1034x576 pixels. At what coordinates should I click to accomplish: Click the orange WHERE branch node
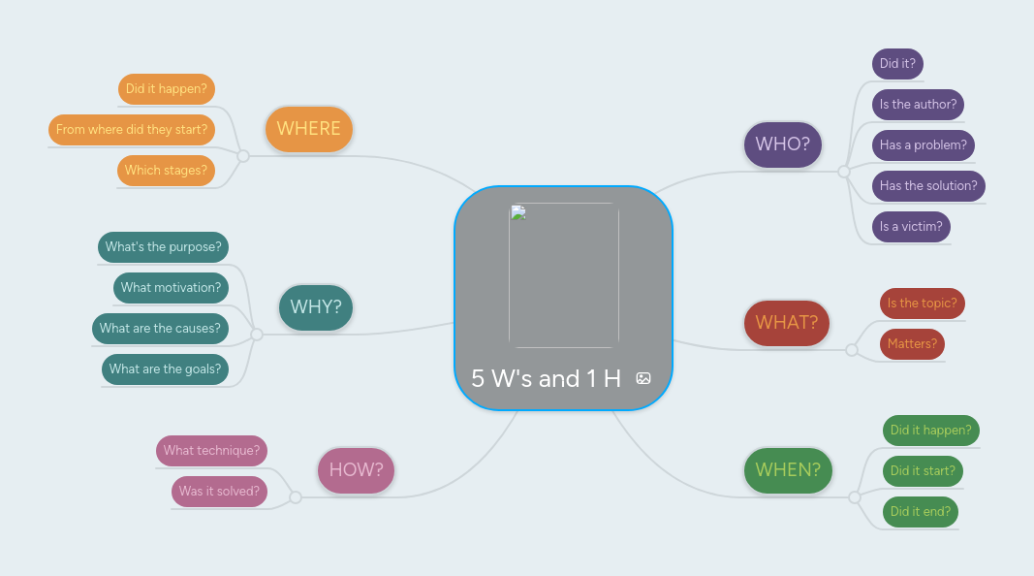coord(308,129)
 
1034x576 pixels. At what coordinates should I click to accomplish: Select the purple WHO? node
coord(783,144)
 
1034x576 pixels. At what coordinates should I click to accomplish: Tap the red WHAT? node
coord(786,323)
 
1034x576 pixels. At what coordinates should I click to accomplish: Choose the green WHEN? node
coord(787,470)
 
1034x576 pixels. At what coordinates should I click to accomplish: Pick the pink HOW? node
coord(356,470)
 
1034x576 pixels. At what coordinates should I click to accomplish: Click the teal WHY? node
coord(316,307)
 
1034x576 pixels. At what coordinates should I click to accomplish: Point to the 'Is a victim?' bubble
coord(911,226)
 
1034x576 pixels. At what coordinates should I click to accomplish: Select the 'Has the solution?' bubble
coord(927,185)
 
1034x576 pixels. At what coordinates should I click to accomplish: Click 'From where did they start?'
coord(132,129)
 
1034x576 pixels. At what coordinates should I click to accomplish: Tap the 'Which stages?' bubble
coord(166,170)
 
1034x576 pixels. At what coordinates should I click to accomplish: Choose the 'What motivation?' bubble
coord(171,287)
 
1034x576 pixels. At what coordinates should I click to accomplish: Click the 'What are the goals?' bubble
coord(165,368)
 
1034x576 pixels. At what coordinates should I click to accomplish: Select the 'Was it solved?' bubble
coord(219,491)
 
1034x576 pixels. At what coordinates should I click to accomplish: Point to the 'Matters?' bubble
coord(912,343)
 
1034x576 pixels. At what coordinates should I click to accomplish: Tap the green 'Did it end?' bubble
coord(920,511)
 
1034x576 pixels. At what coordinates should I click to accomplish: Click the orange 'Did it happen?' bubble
coord(166,88)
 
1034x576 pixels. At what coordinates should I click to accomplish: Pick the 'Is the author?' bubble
coord(918,104)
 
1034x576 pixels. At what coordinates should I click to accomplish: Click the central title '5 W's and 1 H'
coord(546,378)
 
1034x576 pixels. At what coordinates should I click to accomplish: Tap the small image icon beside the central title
coord(643,378)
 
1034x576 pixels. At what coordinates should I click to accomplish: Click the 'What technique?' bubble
coord(211,450)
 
